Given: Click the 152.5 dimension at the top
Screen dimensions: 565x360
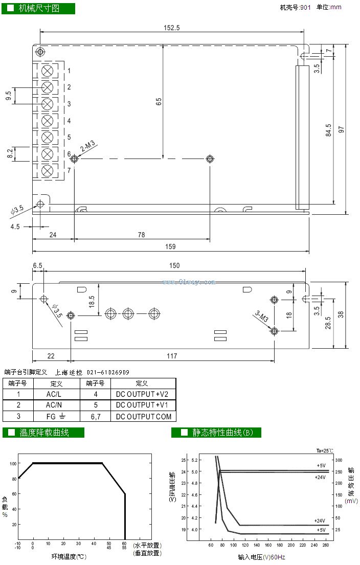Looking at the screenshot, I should pyautogui.click(x=171, y=28).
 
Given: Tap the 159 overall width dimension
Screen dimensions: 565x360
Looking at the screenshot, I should pyautogui.click(x=170, y=246).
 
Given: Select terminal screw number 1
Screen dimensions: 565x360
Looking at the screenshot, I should pyautogui.click(x=48, y=71).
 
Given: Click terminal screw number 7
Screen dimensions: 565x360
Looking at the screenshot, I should pyautogui.click(x=48, y=171).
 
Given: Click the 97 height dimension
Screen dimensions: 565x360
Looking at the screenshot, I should pyautogui.click(x=341, y=129).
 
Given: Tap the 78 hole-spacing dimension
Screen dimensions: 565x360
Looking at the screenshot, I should pyautogui.click(x=141, y=235).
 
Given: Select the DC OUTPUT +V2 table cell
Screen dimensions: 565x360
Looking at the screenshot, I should pyautogui.click(x=143, y=394).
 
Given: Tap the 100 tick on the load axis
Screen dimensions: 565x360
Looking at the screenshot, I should pyautogui.click(x=13, y=463).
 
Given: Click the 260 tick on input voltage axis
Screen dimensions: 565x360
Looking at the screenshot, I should pyautogui.click(x=326, y=546).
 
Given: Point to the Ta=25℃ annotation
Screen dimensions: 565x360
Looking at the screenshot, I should pyautogui.click(x=324, y=450).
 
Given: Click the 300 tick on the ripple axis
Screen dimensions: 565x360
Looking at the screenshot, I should pyautogui.click(x=339, y=460).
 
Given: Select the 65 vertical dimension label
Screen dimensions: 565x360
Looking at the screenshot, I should pyautogui.click(x=159, y=101).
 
